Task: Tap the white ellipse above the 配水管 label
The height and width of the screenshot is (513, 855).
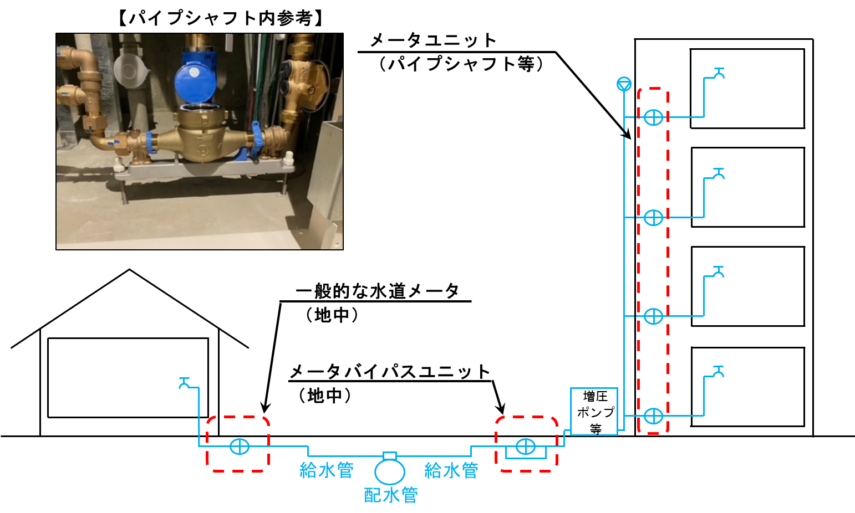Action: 389,472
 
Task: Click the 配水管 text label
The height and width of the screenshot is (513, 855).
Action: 390,495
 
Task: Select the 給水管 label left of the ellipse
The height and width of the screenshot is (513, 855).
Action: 326,470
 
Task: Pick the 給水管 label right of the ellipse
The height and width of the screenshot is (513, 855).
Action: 451,470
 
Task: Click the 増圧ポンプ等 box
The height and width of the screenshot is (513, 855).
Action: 594,412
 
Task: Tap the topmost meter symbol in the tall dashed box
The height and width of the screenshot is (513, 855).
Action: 653,117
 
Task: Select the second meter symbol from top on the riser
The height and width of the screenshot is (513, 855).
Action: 653,218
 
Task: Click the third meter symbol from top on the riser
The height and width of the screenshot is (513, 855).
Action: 653,316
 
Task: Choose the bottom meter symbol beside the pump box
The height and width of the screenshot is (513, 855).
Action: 653,415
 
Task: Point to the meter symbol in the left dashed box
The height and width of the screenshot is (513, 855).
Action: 240,446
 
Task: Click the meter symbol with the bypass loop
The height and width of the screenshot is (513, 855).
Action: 525,447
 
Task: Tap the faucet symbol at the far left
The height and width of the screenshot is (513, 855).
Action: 184,383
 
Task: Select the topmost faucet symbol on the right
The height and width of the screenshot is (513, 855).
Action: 719,73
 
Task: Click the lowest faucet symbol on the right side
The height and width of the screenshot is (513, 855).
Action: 719,371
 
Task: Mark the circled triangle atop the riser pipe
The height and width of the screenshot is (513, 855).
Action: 624,84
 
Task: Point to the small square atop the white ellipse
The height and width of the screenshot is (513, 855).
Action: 390,456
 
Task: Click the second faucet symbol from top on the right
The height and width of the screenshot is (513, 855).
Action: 719,173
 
